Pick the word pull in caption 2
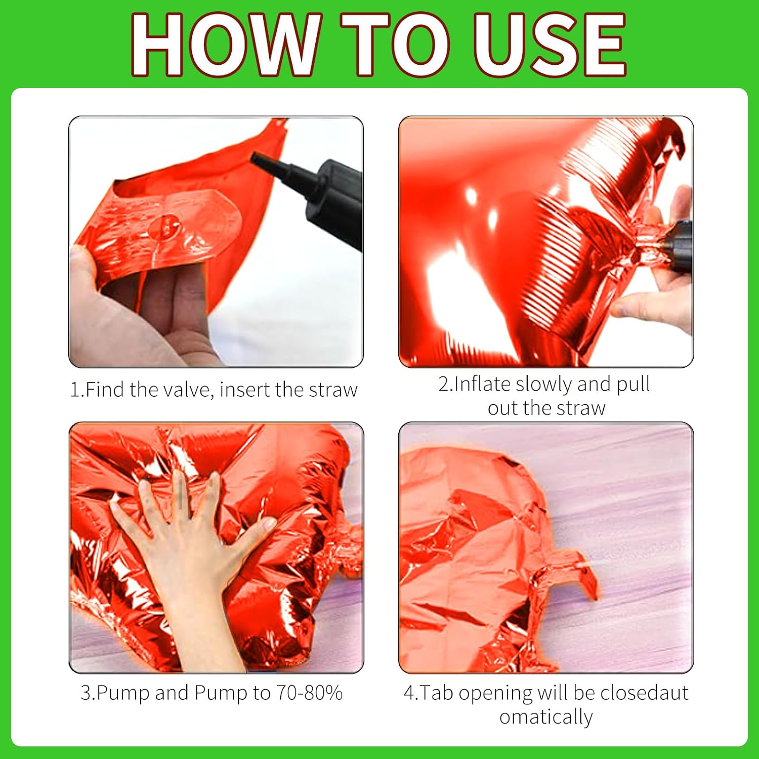coord(633,384)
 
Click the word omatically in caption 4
coord(546,717)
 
